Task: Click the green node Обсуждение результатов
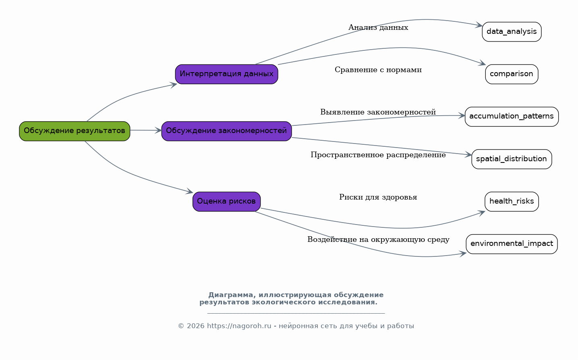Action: pyautogui.click(x=75, y=131)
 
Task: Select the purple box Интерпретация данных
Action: pyautogui.click(x=226, y=74)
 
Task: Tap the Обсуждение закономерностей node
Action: pyautogui.click(x=226, y=131)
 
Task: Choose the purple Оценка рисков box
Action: pyautogui.click(x=226, y=202)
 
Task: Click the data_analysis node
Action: pyautogui.click(x=512, y=32)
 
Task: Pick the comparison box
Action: pyautogui.click(x=512, y=74)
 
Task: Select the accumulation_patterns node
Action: pyautogui.click(x=512, y=117)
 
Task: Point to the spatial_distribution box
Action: pyautogui.click(x=512, y=159)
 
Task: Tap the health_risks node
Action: pyautogui.click(x=512, y=202)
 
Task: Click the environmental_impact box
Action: pyautogui.click(x=512, y=244)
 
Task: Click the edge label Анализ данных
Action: pyautogui.click(x=378, y=27)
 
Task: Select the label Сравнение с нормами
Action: pyautogui.click(x=378, y=70)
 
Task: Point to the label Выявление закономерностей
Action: pyautogui.click(x=378, y=112)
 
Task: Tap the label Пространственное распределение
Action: pyautogui.click(x=378, y=155)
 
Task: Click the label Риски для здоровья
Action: pyautogui.click(x=378, y=197)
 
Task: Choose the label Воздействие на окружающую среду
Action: pyautogui.click(x=378, y=239)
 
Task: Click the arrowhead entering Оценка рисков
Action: pyautogui.click(x=190, y=191)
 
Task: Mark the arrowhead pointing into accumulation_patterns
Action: pyautogui.click(x=462, y=116)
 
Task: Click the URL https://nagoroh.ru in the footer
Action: pyautogui.click(x=239, y=326)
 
